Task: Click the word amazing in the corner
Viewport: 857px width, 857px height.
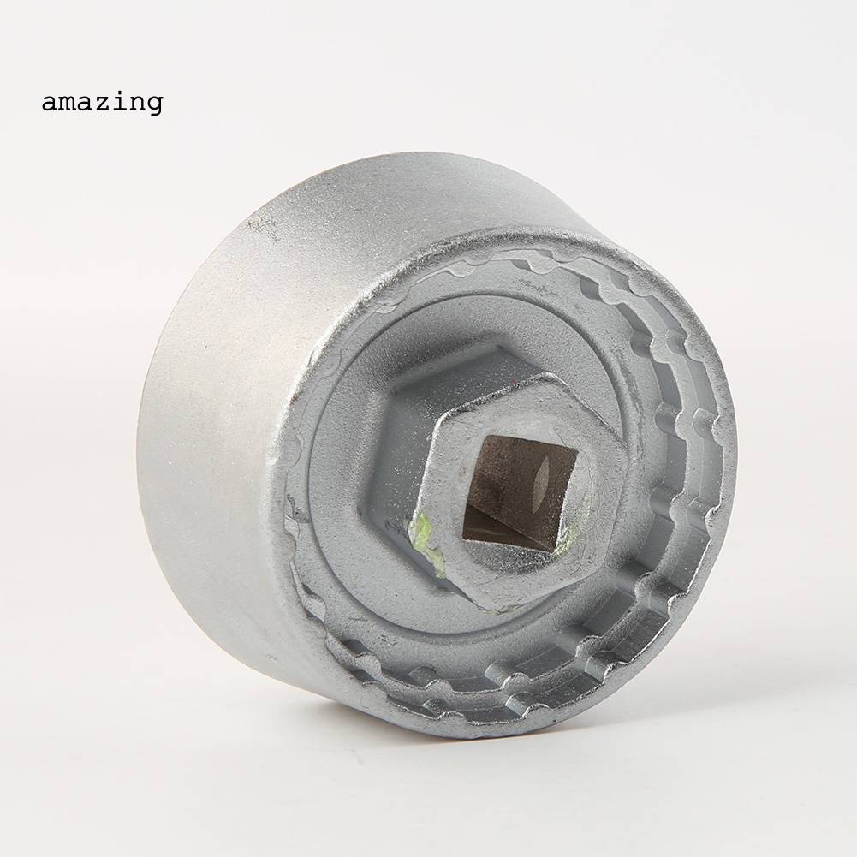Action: pyautogui.click(x=102, y=103)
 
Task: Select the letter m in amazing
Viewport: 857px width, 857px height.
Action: pyautogui.click(x=68, y=103)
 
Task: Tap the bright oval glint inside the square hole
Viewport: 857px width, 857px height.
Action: pyautogui.click(x=540, y=478)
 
